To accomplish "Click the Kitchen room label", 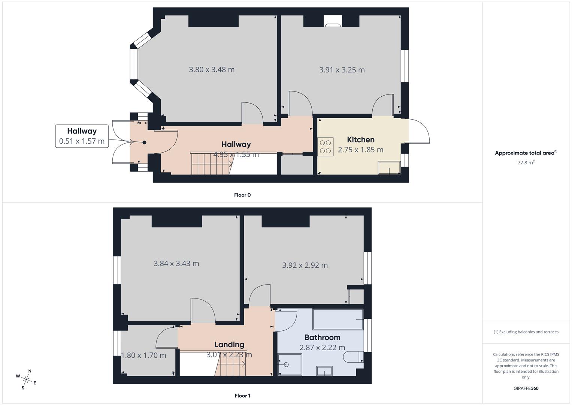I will coord(360,139).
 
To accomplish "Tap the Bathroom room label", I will coord(322,337).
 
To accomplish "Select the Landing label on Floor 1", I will coord(229,344).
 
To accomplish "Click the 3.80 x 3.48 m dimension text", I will coord(212,69).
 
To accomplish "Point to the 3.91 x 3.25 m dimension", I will coord(342,70).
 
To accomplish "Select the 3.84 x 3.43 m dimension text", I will coord(176,263).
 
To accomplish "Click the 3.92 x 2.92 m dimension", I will coord(305,265).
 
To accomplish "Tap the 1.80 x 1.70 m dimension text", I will coord(143,355).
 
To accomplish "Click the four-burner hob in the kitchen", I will coord(326,147).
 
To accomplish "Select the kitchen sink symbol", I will coord(389,168).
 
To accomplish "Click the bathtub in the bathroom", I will coord(338,319).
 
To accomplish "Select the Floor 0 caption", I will coord(242,195).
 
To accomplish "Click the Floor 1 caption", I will coord(242,396).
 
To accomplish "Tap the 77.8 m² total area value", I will coord(526,162).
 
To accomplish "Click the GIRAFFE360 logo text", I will coord(526,388).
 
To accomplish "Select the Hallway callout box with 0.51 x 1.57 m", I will coord(82,136).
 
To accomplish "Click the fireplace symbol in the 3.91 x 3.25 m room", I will coord(333,22).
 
